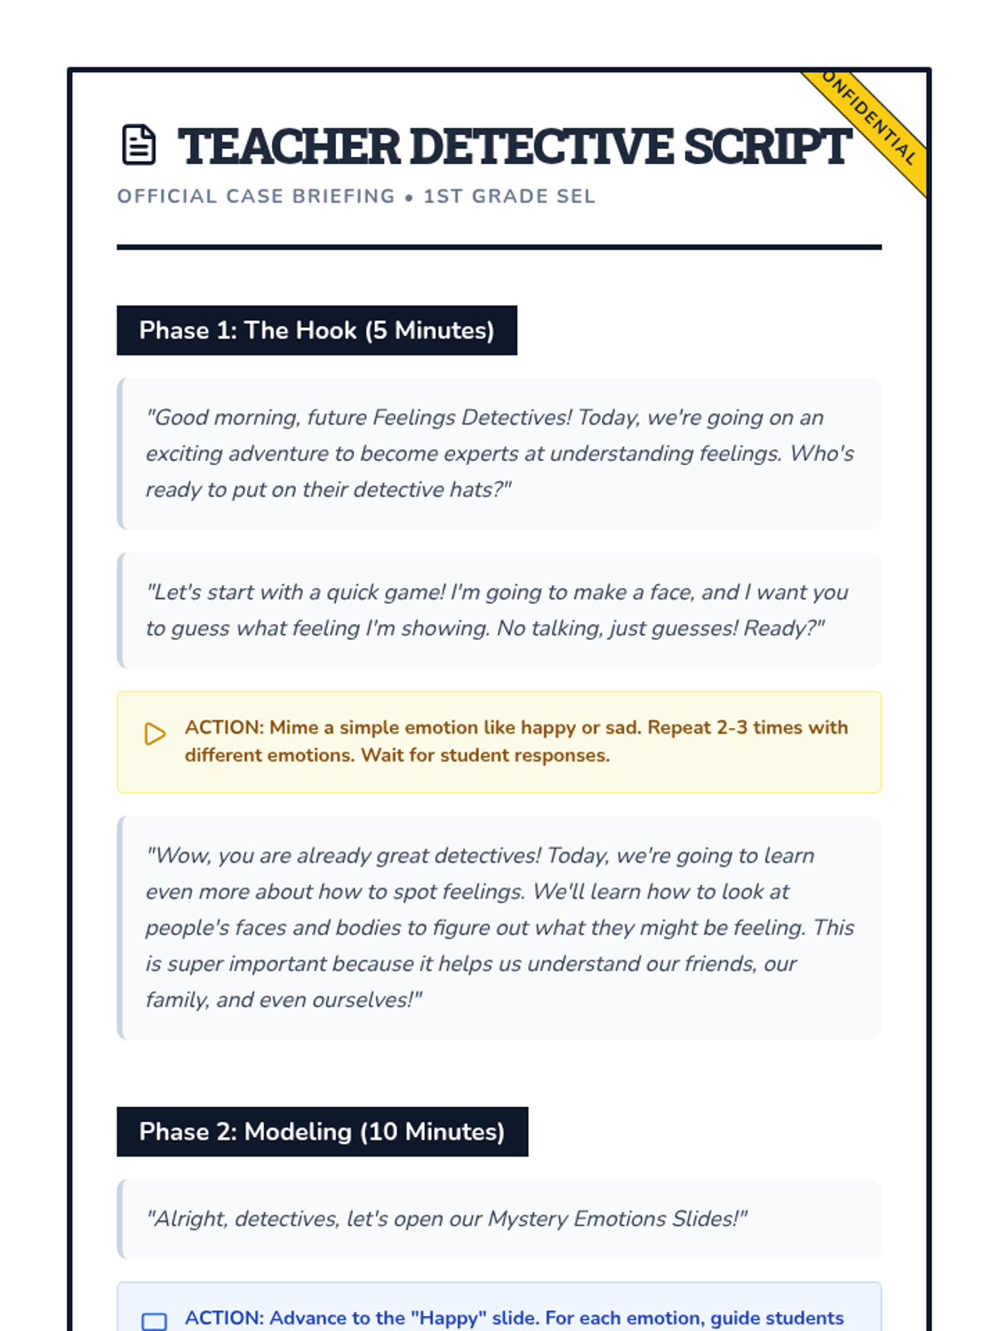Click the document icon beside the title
point(139,145)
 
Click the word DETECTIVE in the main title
point(541,146)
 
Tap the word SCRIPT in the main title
point(767,146)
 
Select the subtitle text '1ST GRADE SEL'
point(509,196)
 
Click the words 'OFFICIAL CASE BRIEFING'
point(256,196)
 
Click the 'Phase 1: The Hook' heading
point(316,330)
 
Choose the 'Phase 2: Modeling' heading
point(322,1131)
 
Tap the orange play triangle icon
point(155,734)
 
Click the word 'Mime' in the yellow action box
point(294,727)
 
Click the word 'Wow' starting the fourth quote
point(180,856)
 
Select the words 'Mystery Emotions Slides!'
point(617,1219)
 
